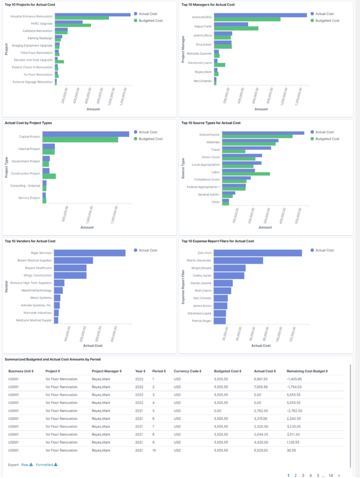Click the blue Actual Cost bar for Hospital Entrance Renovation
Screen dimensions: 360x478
tap(93, 14)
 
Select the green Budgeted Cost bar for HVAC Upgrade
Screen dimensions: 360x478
tap(73, 25)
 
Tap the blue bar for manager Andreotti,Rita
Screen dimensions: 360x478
tap(260, 15)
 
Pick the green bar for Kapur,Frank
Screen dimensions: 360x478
tap(236, 28)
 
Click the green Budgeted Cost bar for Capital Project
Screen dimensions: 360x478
tap(80, 140)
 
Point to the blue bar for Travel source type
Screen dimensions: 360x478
tap(246, 148)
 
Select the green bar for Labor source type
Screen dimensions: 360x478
tap(246, 174)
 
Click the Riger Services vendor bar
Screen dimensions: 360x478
tap(90, 253)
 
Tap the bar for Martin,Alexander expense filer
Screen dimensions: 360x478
tap(238, 260)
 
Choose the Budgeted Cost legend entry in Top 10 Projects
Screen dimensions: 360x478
tap(148, 21)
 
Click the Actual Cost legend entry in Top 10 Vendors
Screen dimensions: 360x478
tap(145, 250)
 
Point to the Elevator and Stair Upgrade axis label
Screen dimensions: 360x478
tap(33, 60)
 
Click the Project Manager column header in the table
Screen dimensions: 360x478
tap(107, 371)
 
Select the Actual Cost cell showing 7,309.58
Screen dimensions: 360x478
tap(261, 387)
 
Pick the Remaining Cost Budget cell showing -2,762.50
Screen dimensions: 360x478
tap(295, 411)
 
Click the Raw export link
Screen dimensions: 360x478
tap(27, 465)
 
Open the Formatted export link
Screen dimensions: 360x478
tap(47, 465)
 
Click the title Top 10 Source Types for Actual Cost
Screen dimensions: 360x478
tap(211, 123)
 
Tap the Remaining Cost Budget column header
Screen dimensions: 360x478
tap(307, 371)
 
